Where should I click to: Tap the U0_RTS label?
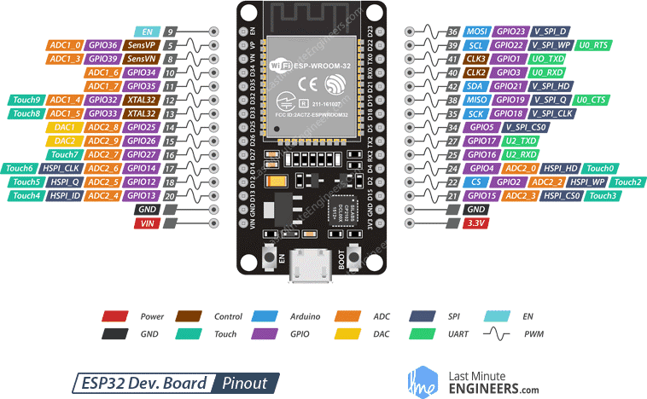[x=593, y=44]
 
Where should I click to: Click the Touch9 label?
[x=26, y=100]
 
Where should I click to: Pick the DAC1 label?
[x=65, y=127]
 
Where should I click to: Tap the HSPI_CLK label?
[x=65, y=168]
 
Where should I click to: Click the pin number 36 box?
[x=452, y=31]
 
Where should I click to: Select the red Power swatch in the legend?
[x=115, y=316]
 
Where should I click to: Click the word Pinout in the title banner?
[x=244, y=383]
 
